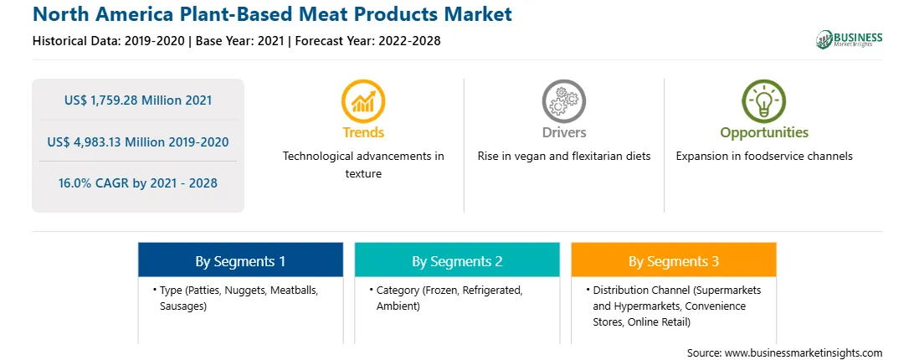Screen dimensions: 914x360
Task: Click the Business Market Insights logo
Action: coord(850,39)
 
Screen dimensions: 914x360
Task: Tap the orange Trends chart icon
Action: coord(363,101)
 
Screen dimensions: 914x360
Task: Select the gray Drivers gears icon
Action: coord(563,101)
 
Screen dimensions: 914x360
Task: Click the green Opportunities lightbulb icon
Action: coord(763,101)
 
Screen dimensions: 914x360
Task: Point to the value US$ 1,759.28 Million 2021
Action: coord(138,100)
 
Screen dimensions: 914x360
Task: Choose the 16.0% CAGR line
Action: coord(138,183)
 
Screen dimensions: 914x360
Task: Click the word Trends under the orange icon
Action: coord(363,132)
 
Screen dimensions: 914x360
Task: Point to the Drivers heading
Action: coord(563,132)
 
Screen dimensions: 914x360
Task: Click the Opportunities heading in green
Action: coord(764,133)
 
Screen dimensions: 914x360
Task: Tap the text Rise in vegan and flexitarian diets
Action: coord(563,157)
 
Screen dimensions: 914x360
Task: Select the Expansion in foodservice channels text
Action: coord(764,157)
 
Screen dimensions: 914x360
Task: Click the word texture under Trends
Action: coord(363,174)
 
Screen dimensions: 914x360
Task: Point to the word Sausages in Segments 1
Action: coord(182,306)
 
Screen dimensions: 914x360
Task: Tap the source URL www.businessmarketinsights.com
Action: coord(804,353)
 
